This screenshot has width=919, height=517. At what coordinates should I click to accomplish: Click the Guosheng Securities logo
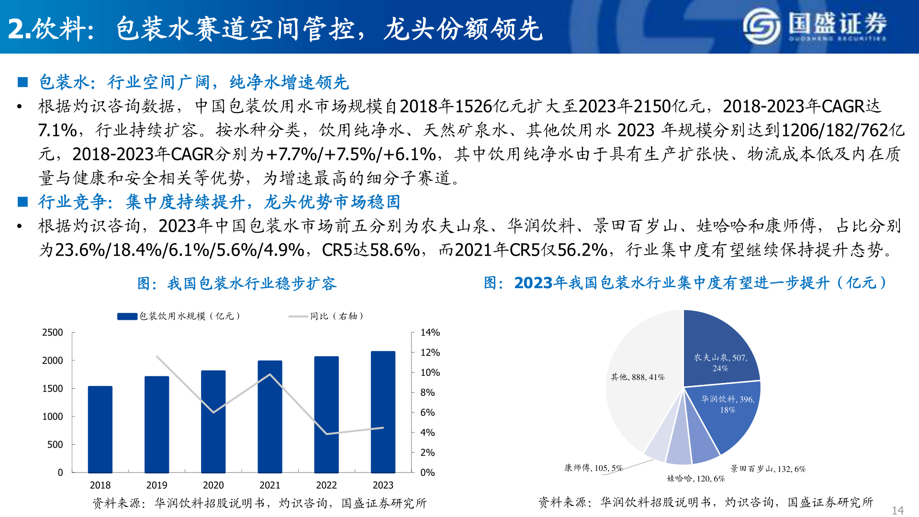pos(814,26)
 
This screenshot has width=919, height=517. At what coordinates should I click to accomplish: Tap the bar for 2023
pos(383,412)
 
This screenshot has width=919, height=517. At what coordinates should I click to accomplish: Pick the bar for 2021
pos(270,417)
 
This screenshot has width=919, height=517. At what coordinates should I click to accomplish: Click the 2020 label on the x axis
pos(213,485)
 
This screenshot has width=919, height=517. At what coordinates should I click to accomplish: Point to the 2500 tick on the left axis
pos(53,332)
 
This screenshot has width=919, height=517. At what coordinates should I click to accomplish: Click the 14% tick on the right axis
pos(430,332)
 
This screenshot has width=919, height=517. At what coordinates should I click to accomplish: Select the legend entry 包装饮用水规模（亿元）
pos(179,316)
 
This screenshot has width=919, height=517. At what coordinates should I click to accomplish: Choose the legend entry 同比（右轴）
pos(326,316)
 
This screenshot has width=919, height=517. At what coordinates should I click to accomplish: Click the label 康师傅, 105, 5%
pos(593,468)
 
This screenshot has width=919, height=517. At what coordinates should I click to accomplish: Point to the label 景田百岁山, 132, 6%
pos(768,469)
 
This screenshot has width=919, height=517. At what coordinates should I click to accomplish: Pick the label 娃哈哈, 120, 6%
pos(695,478)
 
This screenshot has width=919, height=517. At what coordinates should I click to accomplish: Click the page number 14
pos(897,510)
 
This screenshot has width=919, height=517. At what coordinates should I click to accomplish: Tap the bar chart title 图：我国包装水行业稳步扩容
pos(237,283)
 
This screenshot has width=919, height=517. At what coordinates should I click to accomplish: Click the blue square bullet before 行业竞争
pos(22,202)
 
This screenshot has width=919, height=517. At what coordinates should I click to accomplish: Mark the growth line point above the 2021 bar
pos(270,374)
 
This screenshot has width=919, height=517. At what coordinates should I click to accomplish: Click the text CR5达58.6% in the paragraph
pos(371,250)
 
